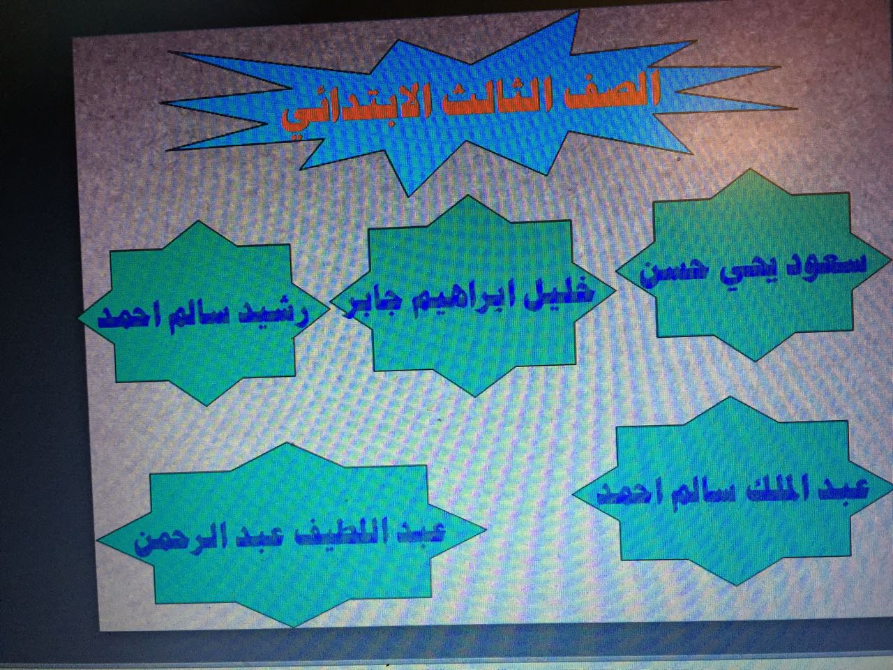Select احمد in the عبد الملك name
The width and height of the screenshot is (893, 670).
click(634, 496)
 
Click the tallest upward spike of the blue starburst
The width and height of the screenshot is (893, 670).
click(578, 12)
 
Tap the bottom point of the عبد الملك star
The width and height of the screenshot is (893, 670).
click(735, 585)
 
